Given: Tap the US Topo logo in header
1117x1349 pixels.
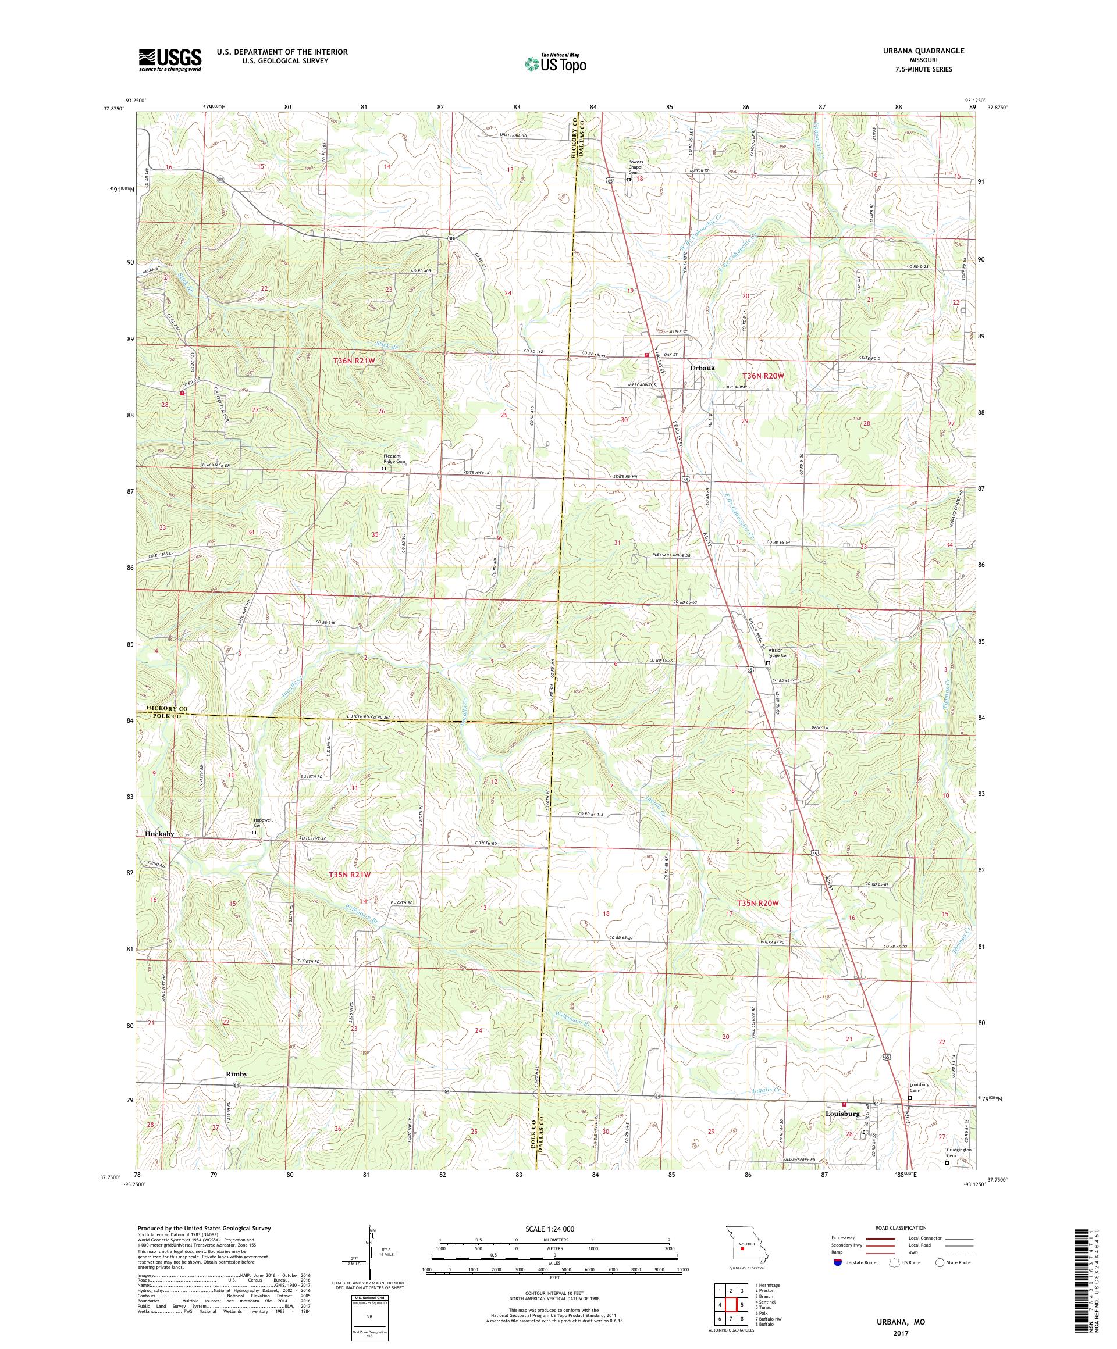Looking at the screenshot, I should (556, 63).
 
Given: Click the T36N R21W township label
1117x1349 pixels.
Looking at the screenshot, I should (354, 362).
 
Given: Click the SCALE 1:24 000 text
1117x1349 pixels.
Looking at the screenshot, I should (554, 1228).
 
